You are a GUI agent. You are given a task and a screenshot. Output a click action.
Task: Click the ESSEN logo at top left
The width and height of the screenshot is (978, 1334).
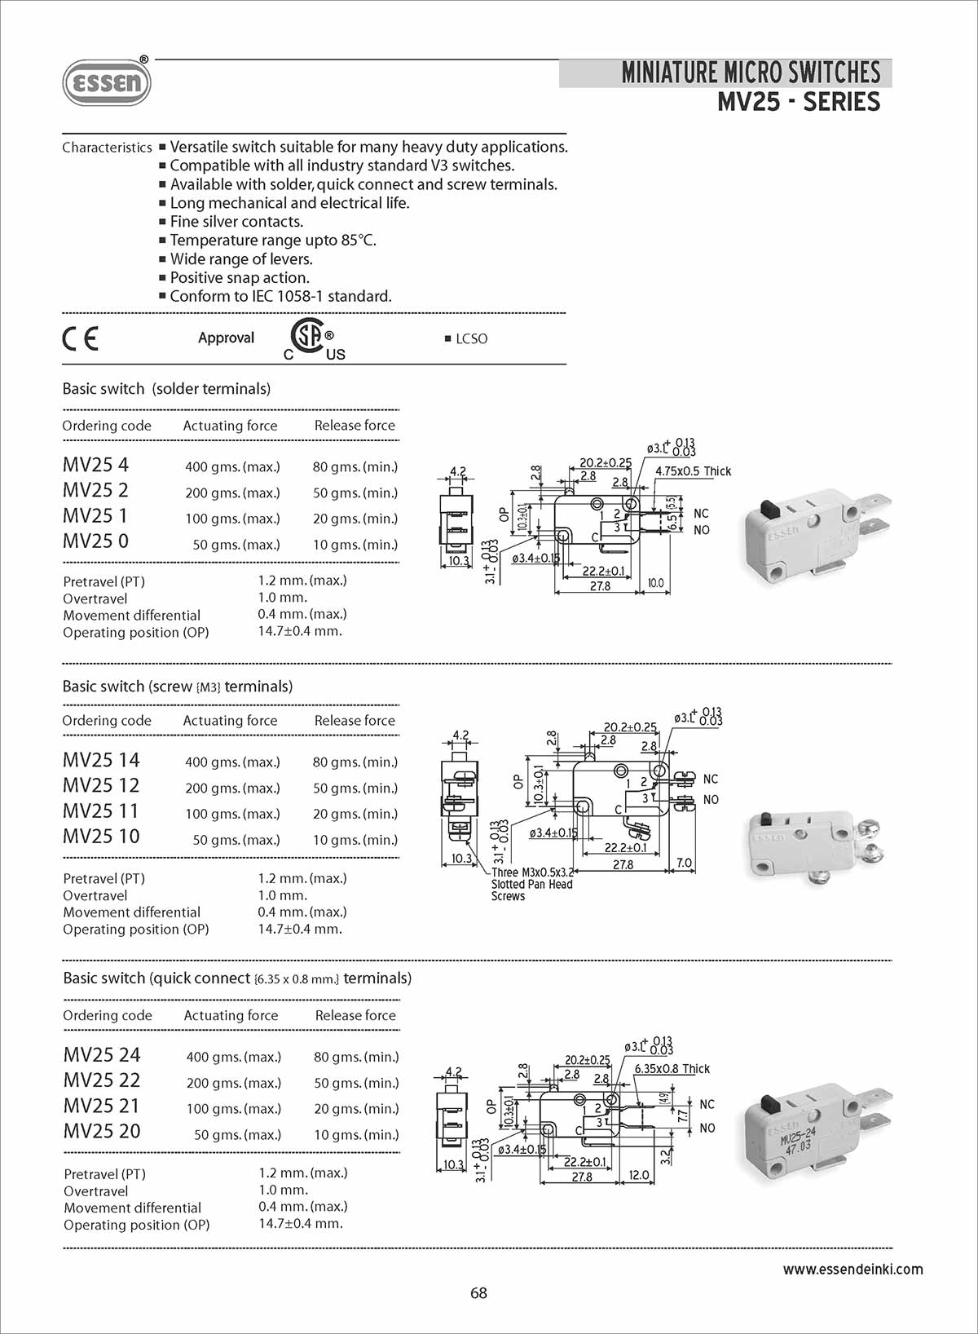click(107, 82)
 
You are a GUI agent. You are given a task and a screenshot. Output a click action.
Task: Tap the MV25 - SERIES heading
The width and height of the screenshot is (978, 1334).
click(798, 103)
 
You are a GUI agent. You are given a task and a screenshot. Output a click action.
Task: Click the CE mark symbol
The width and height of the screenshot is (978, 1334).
click(81, 338)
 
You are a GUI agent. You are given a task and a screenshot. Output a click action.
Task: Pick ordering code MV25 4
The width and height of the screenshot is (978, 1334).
click(95, 465)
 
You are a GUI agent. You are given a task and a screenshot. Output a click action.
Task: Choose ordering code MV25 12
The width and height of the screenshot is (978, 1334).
click(101, 785)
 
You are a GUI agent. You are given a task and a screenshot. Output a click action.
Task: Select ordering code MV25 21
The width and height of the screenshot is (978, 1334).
click(102, 1106)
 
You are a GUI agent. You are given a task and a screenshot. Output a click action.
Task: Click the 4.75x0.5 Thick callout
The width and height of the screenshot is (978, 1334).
click(693, 471)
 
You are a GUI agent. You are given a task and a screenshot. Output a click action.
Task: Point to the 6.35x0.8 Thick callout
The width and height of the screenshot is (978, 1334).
click(672, 1069)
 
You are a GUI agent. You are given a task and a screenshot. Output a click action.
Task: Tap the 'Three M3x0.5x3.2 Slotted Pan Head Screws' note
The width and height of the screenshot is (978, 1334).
click(532, 884)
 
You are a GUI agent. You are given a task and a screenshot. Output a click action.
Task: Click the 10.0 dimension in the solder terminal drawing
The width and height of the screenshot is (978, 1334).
click(655, 584)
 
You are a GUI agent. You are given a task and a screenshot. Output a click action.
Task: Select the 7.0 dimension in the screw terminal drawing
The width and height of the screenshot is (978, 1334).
click(684, 863)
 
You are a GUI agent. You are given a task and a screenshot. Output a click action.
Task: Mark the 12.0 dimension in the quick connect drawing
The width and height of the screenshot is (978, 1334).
click(639, 1175)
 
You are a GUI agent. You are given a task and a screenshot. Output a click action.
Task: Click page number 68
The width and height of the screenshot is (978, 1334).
click(478, 1293)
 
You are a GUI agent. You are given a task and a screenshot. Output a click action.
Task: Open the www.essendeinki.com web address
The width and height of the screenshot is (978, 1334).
click(852, 1270)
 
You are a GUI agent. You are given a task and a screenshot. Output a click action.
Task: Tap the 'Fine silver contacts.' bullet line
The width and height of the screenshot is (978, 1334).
click(236, 222)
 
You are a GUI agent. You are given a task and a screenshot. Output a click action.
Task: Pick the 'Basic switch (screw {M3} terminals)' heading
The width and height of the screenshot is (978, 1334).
click(178, 687)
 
